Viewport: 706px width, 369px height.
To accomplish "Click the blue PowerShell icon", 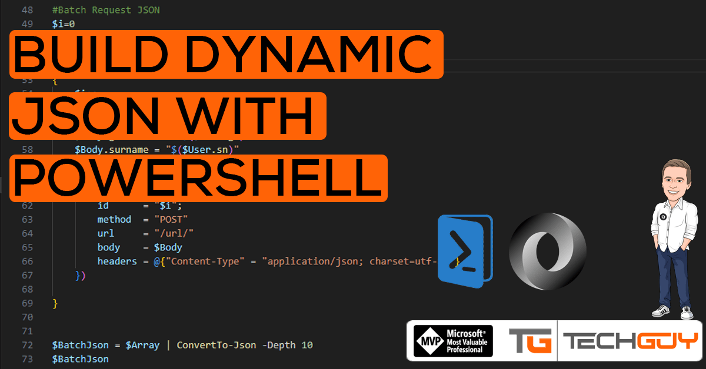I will coord(464,251).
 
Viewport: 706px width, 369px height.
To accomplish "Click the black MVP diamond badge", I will coord(431,341).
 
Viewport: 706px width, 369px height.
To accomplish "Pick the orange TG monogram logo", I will coord(530,341).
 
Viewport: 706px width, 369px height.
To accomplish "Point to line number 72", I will coord(27,345).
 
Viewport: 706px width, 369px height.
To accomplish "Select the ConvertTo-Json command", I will coord(216,345).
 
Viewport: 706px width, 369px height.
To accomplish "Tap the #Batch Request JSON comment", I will coord(106,10).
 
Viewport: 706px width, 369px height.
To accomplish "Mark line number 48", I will coord(27,10).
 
